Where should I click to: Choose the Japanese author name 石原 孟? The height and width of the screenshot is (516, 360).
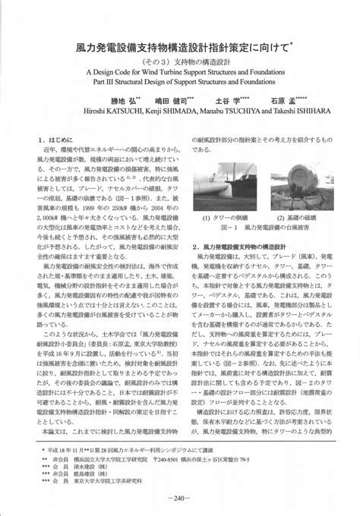(272, 98)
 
